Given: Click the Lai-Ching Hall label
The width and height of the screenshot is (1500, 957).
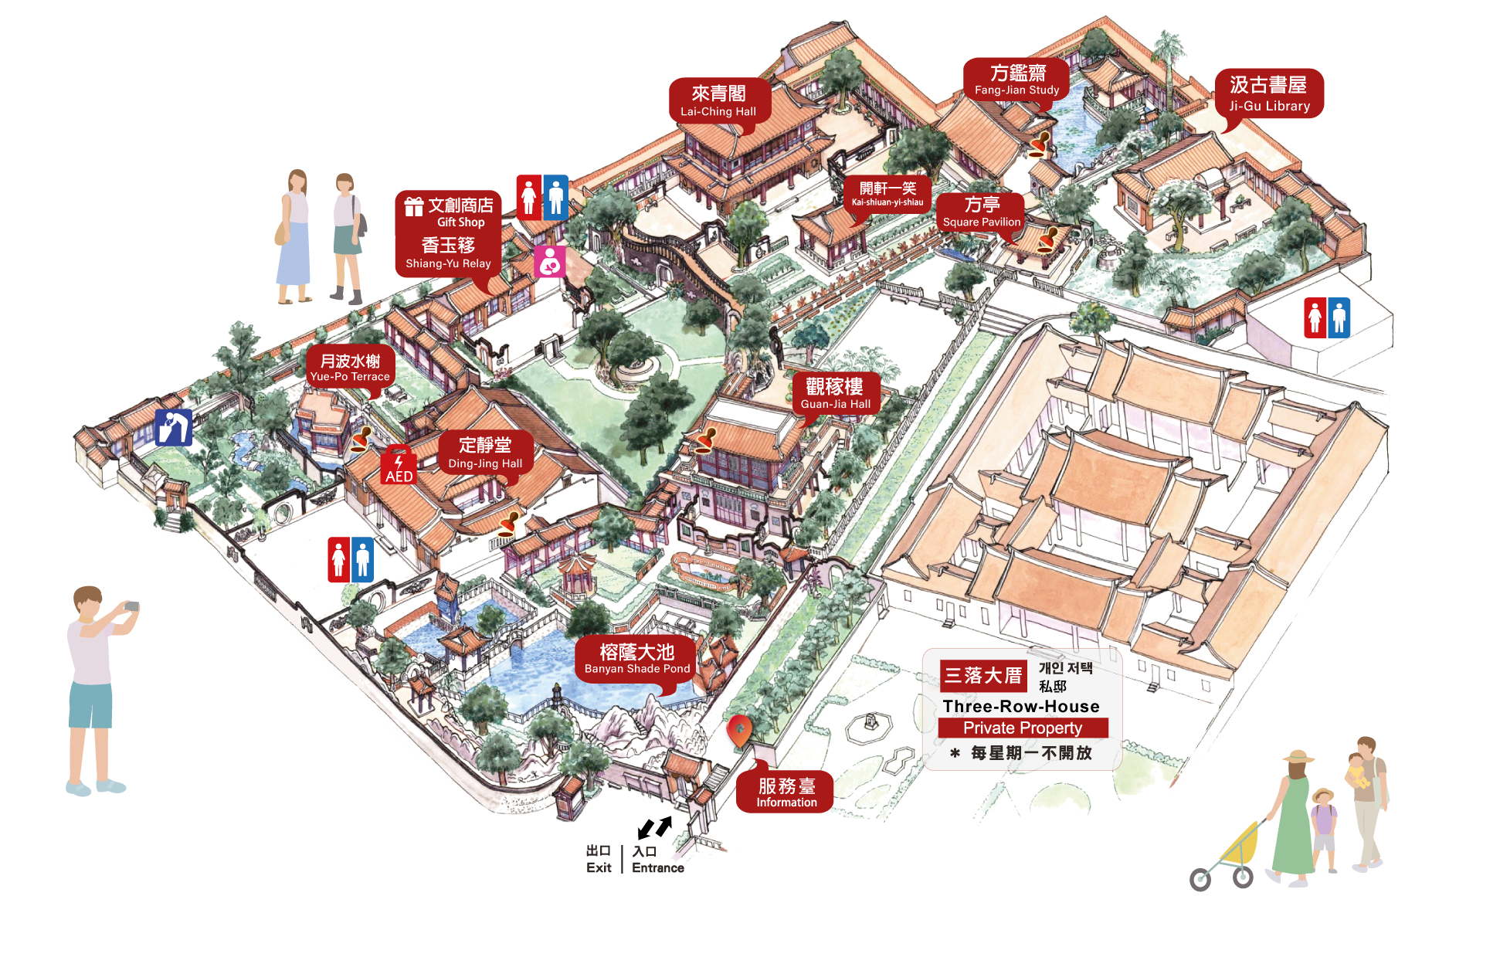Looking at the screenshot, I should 718,101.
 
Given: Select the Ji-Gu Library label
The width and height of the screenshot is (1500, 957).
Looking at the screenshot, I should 1269,93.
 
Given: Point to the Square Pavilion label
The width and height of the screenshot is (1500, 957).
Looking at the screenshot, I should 981,212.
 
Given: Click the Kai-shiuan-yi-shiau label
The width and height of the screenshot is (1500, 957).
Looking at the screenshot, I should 887,194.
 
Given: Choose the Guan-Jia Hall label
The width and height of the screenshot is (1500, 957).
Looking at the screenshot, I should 835,393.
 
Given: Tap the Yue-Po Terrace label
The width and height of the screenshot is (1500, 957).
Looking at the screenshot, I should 350,367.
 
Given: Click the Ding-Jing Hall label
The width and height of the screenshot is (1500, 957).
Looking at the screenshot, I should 485,453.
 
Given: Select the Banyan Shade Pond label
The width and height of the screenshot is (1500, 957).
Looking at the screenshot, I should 636,659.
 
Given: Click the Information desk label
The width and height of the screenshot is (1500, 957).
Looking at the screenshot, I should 786,792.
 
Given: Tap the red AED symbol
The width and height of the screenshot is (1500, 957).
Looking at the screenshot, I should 399,467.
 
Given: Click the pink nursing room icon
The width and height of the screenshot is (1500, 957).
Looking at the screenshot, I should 549,262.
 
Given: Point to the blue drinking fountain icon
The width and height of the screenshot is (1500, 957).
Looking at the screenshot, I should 173,427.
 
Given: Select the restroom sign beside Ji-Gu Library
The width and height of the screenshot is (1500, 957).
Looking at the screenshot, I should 1327,317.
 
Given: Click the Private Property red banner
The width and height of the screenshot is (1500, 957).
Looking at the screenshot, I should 1023,728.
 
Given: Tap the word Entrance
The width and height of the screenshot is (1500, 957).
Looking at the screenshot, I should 657,867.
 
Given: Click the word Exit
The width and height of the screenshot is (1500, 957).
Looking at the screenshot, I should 599,867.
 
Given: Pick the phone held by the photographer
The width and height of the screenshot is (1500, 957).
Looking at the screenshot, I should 132,606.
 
